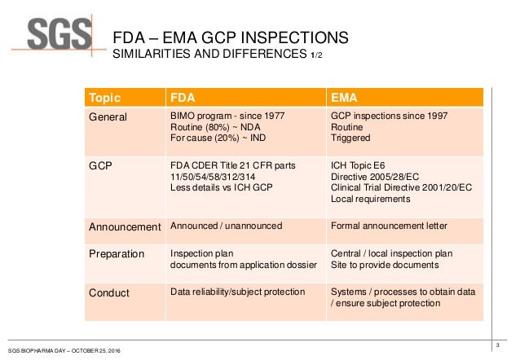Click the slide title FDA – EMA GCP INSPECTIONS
[230, 38]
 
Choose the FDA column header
[181, 99]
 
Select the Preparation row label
[117, 254]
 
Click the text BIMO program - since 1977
[227, 116]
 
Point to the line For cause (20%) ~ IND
[218, 139]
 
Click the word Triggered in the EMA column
[350, 139]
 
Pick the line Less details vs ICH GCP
[219, 187]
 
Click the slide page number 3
[498, 349]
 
